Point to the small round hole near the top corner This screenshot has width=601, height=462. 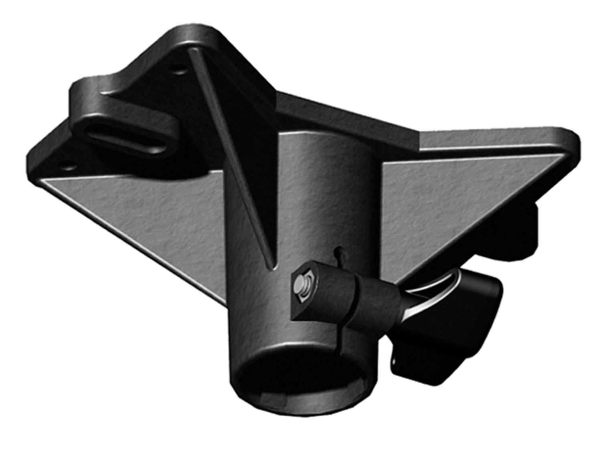point(180,69)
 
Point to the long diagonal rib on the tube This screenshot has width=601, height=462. point(233,158)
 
